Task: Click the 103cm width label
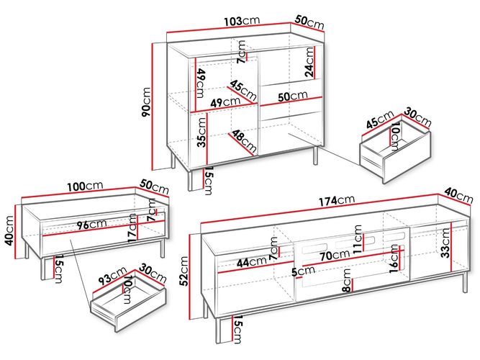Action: point(242,21)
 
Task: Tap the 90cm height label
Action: point(146,102)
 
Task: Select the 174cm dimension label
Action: point(337,200)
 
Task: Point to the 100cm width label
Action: point(85,186)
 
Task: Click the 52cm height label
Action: point(184,271)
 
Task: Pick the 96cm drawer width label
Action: point(91,224)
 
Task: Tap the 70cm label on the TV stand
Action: point(335,255)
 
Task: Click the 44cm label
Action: point(252,262)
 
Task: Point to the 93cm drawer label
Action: point(112,276)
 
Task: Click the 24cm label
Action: point(309,62)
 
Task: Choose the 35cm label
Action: point(201,132)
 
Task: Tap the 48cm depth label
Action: point(244,141)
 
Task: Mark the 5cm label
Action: point(303,271)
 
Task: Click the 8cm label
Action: point(347,280)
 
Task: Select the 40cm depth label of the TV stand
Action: point(458,195)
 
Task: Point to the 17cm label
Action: point(132,228)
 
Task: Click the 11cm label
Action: point(357,239)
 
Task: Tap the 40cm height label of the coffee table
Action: point(9,230)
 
